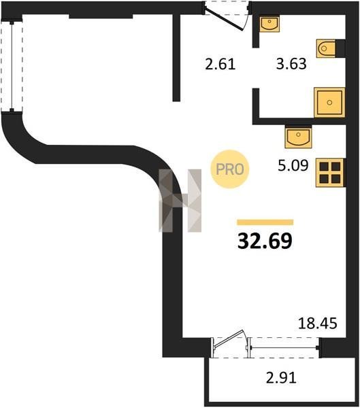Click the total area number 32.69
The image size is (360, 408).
point(265,241)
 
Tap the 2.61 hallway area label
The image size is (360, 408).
point(220,65)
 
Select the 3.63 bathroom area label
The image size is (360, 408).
point(291,64)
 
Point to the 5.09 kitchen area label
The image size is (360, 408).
point(293,165)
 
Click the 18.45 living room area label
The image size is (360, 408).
point(317,323)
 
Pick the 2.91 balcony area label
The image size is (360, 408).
point(281,378)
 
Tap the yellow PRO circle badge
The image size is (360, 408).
point(230,169)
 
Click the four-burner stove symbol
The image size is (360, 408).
point(330,173)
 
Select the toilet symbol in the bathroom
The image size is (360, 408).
point(326,48)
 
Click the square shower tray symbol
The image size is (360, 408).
point(329,102)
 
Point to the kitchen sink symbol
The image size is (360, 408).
point(298,137)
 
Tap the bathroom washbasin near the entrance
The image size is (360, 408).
point(269,23)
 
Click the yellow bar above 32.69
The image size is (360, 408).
point(265,222)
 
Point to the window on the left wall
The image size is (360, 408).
point(12,67)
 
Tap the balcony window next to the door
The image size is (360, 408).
point(284,347)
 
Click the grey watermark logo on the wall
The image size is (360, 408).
point(180,201)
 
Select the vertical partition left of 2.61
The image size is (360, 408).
point(177,58)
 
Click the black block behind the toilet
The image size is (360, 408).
point(340,48)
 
